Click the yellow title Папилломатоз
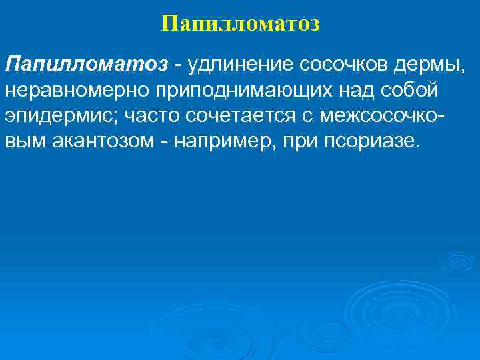pos(240,24)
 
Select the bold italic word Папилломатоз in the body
pos(87,65)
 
